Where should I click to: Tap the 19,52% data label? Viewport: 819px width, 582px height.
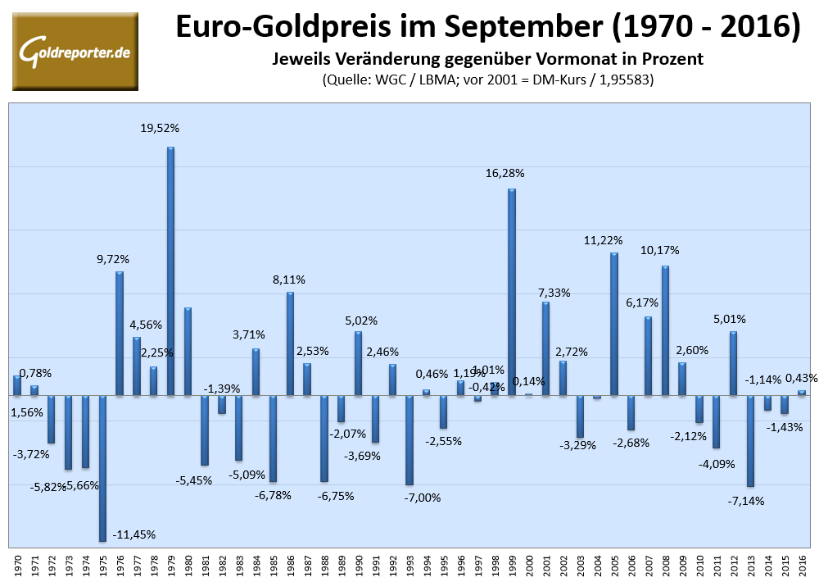click(160, 128)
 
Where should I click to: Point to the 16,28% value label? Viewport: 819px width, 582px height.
click(505, 173)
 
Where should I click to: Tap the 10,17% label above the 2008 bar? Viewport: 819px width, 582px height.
click(659, 250)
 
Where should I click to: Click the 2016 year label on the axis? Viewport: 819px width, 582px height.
click(802, 565)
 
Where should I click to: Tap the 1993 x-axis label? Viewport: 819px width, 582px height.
click(409, 565)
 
